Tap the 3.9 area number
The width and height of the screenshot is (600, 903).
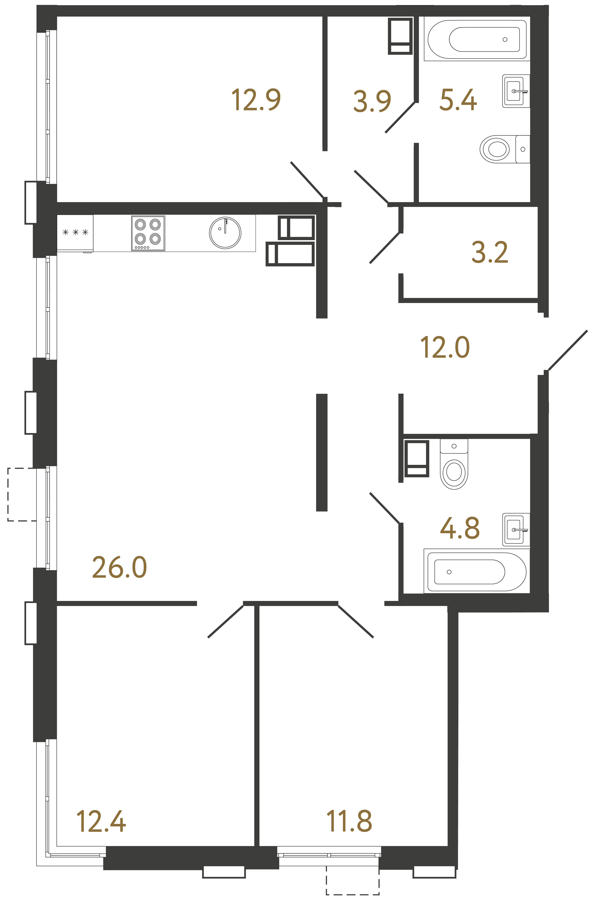click(372, 101)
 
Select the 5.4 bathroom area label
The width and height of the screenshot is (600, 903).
click(458, 100)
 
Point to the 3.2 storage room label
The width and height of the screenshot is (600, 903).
click(490, 253)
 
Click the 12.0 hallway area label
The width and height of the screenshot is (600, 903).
click(445, 347)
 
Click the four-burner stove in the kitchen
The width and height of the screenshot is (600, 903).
click(148, 233)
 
